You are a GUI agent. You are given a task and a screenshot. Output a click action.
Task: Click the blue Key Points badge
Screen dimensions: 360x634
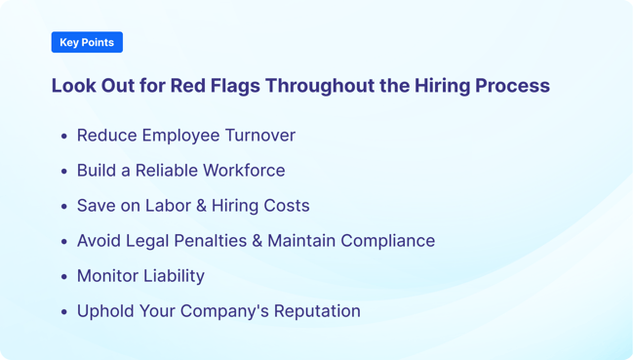tap(87, 42)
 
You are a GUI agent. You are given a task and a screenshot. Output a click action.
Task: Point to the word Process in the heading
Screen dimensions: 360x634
tap(512, 86)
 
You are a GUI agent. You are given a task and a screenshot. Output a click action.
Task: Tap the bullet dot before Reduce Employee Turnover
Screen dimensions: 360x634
tap(64, 137)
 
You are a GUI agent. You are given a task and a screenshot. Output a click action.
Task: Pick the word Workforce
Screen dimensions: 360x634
tap(249, 171)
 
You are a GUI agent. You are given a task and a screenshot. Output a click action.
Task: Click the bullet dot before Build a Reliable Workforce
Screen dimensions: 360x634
tap(64, 172)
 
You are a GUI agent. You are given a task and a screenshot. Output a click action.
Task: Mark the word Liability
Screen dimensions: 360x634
tap(174, 276)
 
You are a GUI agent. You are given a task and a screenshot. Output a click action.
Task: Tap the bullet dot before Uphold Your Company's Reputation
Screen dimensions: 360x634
tap(64, 312)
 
